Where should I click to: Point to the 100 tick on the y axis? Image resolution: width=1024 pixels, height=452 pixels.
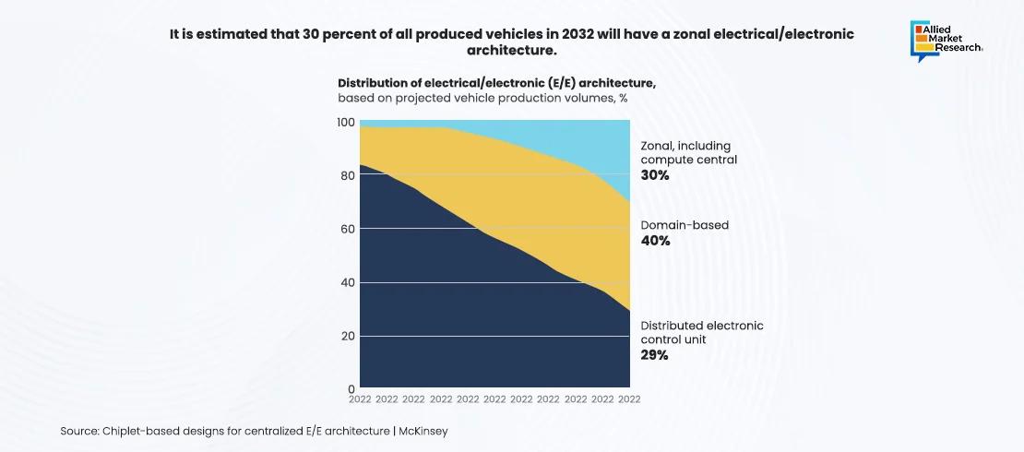(x=345, y=123)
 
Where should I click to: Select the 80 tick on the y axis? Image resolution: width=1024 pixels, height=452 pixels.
(x=347, y=175)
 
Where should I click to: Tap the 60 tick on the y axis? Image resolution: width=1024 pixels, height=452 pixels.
(x=347, y=229)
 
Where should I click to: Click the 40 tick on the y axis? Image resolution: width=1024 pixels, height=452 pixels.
(x=347, y=282)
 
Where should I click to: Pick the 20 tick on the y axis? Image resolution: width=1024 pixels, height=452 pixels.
(x=347, y=336)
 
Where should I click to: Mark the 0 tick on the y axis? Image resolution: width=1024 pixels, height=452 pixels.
(x=351, y=388)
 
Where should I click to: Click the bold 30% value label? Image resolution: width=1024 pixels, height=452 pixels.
(x=654, y=173)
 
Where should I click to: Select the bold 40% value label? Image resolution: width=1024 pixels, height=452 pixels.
(x=655, y=241)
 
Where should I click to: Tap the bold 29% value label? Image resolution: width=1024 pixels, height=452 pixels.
(x=654, y=354)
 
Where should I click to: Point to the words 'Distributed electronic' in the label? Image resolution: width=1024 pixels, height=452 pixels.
(x=702, y=326)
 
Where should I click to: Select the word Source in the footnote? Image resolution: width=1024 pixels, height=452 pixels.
(x=79, y=431)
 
